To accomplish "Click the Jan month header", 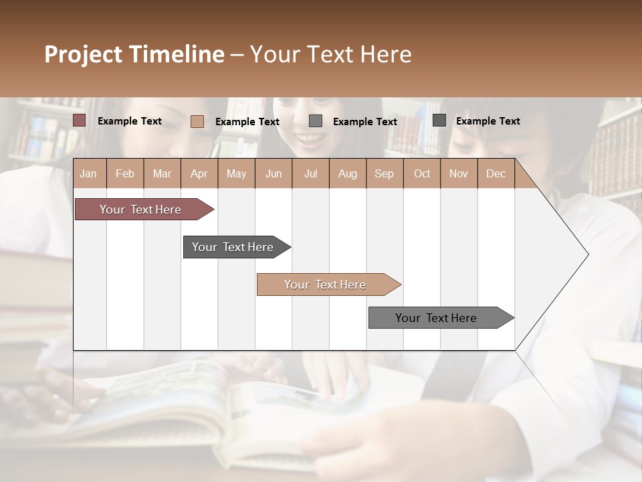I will [88, 173].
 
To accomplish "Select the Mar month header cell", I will [162, 173].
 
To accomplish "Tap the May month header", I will [236, 173].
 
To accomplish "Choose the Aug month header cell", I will [347, 173].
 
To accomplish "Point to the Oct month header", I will [422, 173].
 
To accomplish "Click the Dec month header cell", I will [496, 173].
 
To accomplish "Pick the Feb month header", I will [125, 173].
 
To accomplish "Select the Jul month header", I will [310, 173].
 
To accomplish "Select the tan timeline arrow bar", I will [326, 285].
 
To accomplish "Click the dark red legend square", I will [80, 120].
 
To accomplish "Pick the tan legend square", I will [197, 121].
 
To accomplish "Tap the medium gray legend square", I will [316, 121].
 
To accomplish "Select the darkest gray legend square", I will [439, 120].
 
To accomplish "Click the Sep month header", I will [384, 173].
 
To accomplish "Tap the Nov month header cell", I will [459, 173].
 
